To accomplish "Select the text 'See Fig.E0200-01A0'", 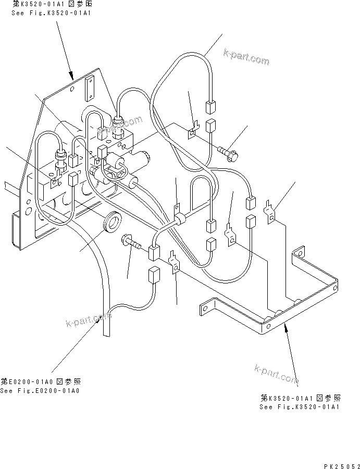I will (40, 391).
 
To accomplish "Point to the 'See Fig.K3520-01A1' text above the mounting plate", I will (51, 11).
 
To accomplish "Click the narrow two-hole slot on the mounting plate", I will (89, 87).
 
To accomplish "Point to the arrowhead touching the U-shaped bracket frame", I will (286, 328).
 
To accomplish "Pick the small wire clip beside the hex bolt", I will (192, 131).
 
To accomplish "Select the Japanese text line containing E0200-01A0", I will (40, 381).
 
